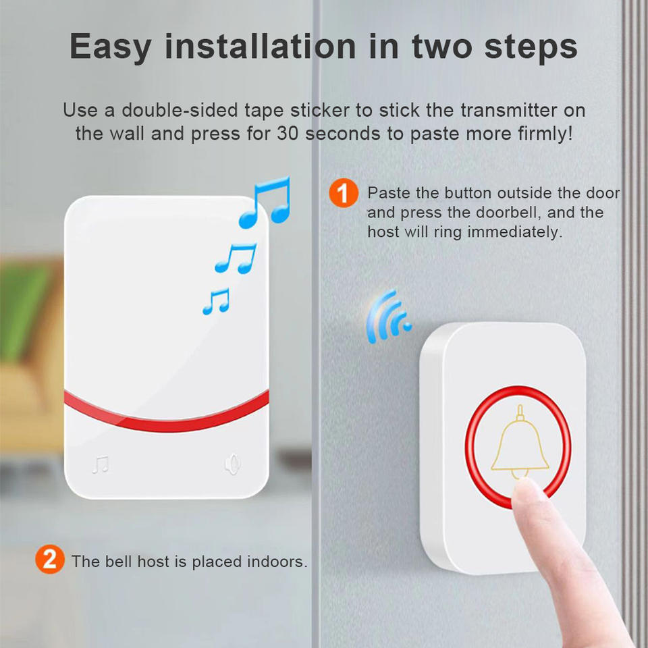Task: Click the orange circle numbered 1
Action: click(x=344, y=193)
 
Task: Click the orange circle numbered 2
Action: click(x=49, y=559)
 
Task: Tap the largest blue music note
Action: click(x=265, y=203)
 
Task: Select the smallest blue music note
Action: click(x=216, y=301)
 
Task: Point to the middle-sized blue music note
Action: click(x=236, y=259)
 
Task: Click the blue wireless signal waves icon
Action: click(x=387, y=317)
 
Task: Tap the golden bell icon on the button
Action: click(x=520, y=441)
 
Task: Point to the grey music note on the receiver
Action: click(x=101, y=464)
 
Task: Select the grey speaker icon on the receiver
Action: click(x=232, y=464)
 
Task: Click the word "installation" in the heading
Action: click(x=261, y=47)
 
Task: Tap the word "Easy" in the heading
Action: click(x=110, y=47)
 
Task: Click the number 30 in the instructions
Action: click(x=288, y=134)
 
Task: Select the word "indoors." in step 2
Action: click(x=277, y=561)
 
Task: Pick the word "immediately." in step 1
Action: click(x=515, y=232)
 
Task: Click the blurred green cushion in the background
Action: click(x=23, y=310)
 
